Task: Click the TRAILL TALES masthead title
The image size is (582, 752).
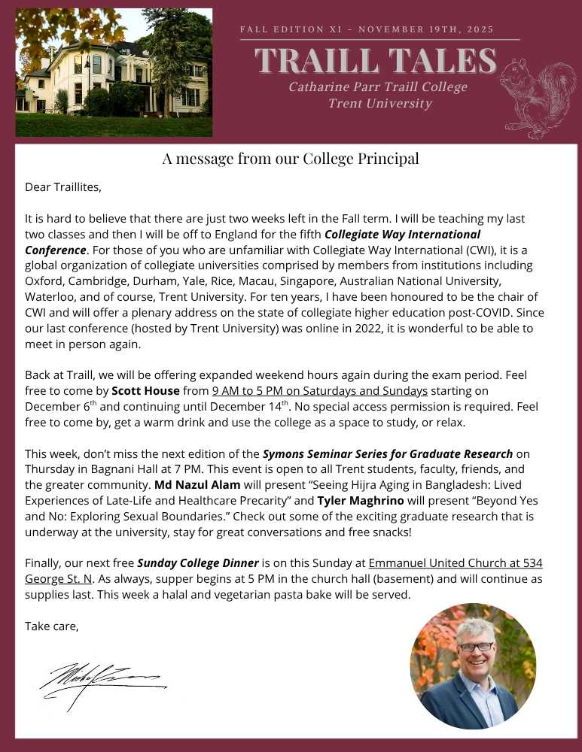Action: pyautogui.click(x=375, y=61)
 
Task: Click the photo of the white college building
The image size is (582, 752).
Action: pyautogui.click(x=114, y=72)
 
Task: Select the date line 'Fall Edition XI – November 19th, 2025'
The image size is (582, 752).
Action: pyautogui.click(x=367, y=29)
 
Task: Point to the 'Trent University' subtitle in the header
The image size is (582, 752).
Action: pyautogui.click(x=379, y=104)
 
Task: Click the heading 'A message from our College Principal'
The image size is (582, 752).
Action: pyautogui.click(x=291, y=159)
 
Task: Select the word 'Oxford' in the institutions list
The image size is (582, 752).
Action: pyautogui.click(x=44, y=280)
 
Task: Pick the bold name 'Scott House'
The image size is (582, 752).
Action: pyautogui.click(x=145, y=390)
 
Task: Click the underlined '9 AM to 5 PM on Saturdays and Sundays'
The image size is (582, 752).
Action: pyautogui.click(x=320, y=390)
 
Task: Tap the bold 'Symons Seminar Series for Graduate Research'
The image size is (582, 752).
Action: pyautogui.click(x=388, y=453)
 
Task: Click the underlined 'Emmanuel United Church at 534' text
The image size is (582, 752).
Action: pyautogui.click(x=456, y=562)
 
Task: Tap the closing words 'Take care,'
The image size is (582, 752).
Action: pyautogui.click(x=52, y=626)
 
